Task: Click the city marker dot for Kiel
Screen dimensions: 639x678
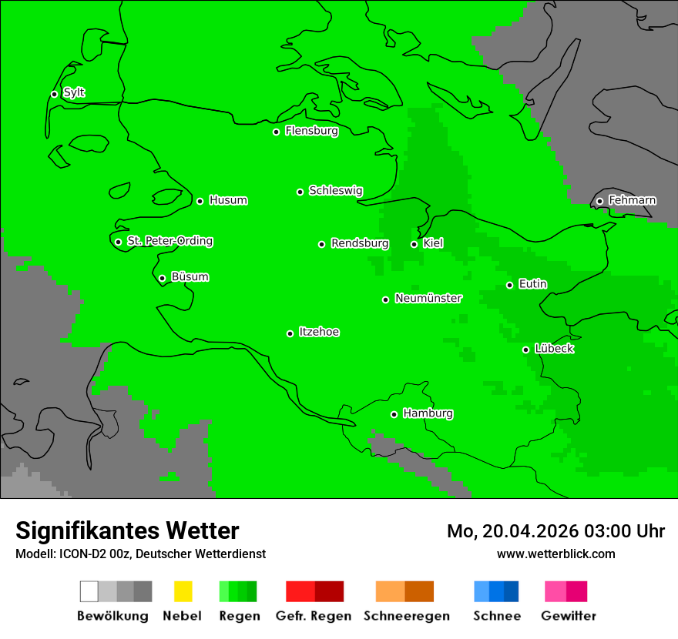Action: [414, 244]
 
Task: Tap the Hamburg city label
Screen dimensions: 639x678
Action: [428, 413]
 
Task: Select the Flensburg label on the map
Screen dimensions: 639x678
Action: [311, 131]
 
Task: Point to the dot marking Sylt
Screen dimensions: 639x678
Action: [54, 94]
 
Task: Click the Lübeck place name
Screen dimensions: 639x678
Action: [554, 349]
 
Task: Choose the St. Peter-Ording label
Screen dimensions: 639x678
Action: [169, 241]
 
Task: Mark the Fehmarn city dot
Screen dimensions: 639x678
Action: [599, 201]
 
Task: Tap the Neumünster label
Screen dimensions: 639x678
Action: [428, 298]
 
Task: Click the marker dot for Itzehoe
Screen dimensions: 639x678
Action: [290, 333]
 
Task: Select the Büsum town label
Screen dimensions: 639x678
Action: [190, 276]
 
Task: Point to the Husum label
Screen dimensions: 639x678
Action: [228, 200]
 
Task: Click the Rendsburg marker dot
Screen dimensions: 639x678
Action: [321, 244]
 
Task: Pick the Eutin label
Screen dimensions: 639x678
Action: [532, 284]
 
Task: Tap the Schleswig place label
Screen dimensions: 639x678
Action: [335, 190]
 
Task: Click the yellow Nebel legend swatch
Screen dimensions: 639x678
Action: [183, 591]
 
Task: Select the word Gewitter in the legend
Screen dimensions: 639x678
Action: [568, 616]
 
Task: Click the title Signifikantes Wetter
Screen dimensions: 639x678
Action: [127, 530]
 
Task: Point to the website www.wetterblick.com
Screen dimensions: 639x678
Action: [555, 554]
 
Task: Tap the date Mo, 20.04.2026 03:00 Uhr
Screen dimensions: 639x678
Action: [555, 531]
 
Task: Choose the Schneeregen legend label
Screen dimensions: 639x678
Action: [406, 616]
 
